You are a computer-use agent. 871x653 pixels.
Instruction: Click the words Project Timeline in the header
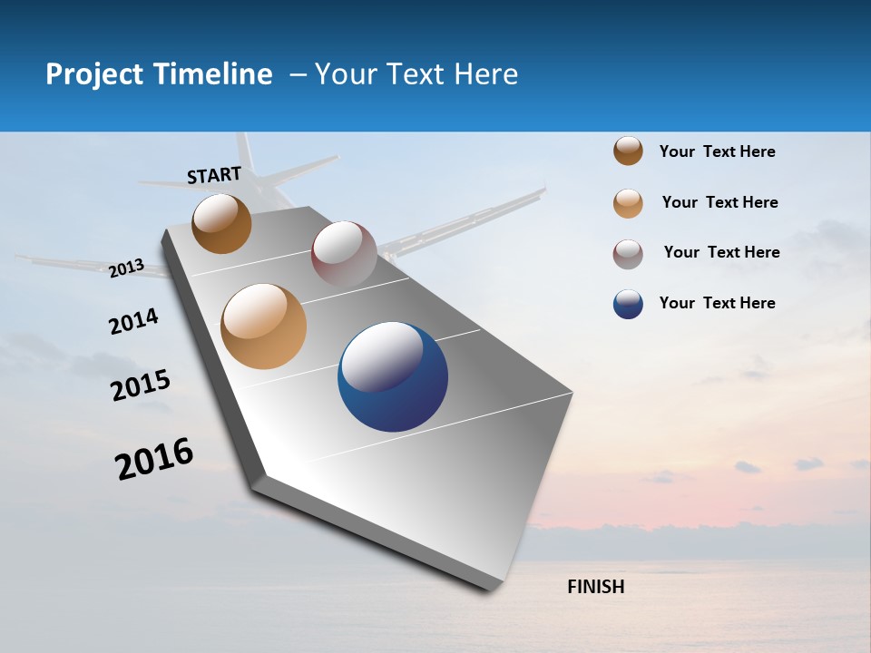pos(159,74)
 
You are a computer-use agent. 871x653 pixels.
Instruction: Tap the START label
pos(214,175)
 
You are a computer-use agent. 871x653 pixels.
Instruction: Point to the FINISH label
pos(596,587)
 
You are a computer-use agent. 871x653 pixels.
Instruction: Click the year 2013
pos(127,268)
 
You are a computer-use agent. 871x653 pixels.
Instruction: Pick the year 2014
pos(133,321)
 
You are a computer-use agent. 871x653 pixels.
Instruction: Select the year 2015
pos(141,385)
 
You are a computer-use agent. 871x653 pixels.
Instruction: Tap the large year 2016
pos(154,459)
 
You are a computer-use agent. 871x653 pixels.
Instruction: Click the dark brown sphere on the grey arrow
pos(221,223)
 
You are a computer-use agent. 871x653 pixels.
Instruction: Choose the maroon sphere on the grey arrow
pos(344,253)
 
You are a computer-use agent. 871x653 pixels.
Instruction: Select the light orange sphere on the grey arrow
pos(264,326)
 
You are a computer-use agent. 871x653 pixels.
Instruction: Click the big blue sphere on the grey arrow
pos(393,376)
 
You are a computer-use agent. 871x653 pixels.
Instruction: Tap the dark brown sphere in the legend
pos(628,151)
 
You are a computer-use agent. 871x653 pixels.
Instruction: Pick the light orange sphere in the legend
pos(628,203)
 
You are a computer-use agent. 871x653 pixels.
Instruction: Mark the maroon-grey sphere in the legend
pos(628,254)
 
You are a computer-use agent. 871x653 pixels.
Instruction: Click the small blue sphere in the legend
pos(628,304)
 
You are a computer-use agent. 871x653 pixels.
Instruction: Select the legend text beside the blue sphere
pos(718,303)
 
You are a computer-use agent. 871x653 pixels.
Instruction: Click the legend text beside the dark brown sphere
pos(718,151)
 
